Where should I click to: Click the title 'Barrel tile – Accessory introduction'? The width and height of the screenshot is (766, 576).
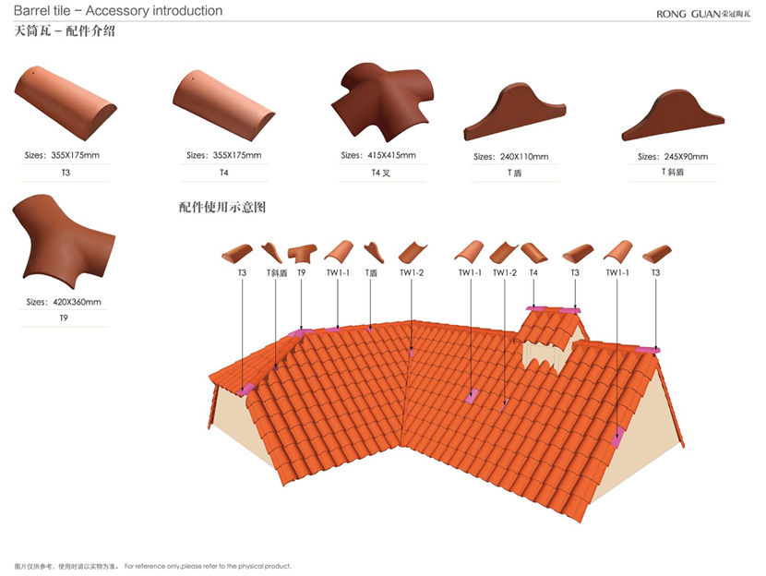tap(118, 11)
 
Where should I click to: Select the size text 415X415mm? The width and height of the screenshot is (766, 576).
tap(378, 155)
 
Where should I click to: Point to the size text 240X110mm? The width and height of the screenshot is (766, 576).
tap(511, 157)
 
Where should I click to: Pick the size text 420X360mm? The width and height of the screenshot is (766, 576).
tap(64, 302)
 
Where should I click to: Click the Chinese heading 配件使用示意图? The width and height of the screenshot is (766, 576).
tap(222, 208)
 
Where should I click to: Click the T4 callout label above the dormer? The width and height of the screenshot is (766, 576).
tap(533, 272)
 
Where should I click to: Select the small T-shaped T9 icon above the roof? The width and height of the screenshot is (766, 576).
tap(302, 252)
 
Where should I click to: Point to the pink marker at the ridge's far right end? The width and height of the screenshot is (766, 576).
tap(650, 349)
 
